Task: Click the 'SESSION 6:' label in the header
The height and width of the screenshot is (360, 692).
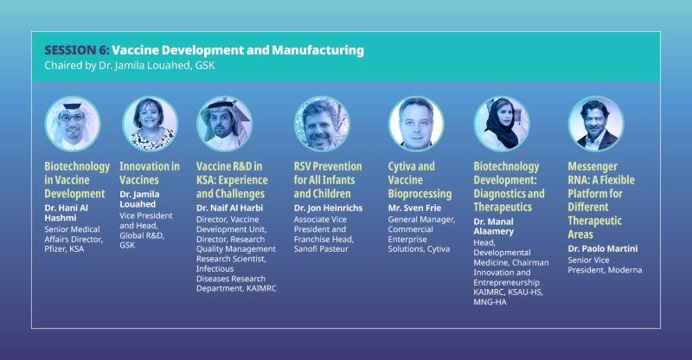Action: [76, 50]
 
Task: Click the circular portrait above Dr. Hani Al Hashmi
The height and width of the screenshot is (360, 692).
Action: [73, 123]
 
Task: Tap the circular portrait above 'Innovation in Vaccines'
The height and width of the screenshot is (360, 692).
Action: [150, 123]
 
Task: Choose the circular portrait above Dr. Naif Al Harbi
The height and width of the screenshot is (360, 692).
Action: [225, 123]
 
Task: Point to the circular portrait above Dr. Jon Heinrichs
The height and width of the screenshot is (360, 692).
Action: [322, 123]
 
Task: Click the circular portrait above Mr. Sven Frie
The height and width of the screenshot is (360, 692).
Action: [416, 123]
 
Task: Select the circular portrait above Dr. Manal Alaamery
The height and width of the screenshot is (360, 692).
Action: [502, 123]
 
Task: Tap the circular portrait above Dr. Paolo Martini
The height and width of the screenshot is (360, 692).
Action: [595, 123]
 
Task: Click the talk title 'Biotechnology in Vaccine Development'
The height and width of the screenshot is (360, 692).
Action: [77, 180]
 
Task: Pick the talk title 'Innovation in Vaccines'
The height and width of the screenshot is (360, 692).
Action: [150, 173]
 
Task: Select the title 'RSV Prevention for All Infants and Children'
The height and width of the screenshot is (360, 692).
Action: [328, 180]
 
